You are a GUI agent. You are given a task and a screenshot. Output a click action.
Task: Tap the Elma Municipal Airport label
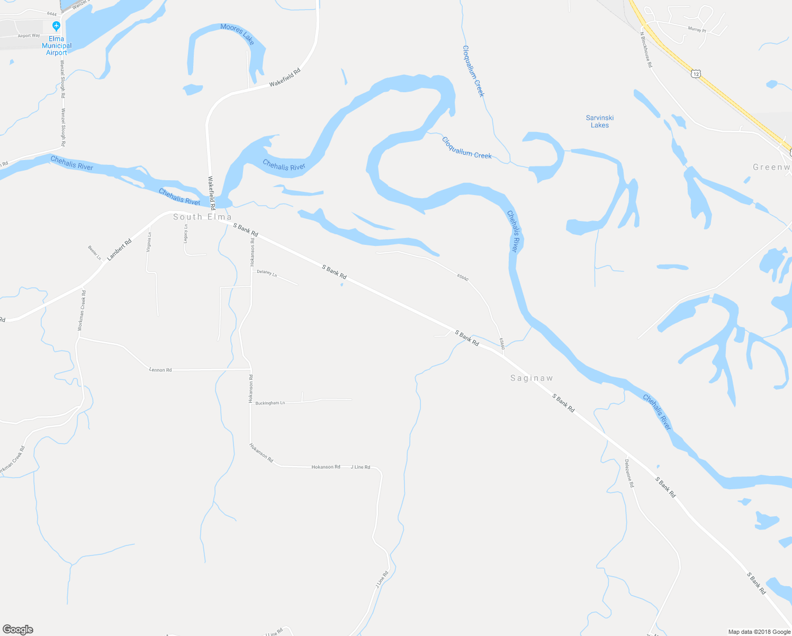56,46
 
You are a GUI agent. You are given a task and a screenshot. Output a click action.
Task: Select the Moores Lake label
237,33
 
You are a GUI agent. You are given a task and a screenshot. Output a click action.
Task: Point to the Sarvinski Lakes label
600,121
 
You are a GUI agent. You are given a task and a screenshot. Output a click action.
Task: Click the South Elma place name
202,217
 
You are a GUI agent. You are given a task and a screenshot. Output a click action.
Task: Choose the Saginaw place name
532,378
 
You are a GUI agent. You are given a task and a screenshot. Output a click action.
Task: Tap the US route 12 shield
696,74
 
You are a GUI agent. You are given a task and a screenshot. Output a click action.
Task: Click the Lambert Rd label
119,250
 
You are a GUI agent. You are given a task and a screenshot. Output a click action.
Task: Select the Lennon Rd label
160,370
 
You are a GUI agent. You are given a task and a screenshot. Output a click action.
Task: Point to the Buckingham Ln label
270,403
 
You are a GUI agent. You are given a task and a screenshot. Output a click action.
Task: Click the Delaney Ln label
267,273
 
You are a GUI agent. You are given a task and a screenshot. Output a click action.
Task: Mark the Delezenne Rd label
629,473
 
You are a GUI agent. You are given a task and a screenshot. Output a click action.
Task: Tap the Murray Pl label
697,30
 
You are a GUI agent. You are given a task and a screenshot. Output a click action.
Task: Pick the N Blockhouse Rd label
646,50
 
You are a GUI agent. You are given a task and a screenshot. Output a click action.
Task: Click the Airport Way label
29,36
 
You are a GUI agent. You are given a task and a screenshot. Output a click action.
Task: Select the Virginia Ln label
150,242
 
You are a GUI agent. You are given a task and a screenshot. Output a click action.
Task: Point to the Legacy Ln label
186,234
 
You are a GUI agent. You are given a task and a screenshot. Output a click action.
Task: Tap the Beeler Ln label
95,253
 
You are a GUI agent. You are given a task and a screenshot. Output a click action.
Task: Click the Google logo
17,630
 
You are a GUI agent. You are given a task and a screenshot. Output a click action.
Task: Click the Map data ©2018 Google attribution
759,632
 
